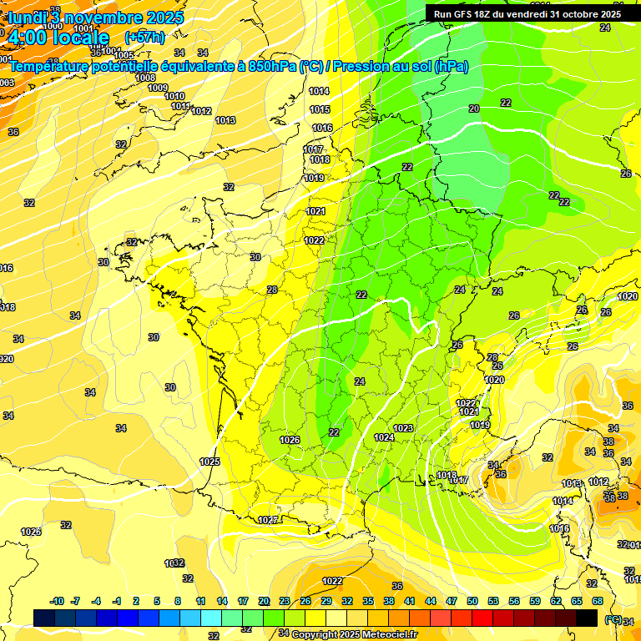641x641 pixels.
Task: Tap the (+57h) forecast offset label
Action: click(144, 37)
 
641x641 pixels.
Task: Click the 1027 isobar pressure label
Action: click(267, 520)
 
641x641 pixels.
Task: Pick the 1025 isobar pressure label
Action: click(209, 462)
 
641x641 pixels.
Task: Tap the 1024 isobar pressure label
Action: click(384, 437)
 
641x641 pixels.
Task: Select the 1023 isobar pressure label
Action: click(403, 428)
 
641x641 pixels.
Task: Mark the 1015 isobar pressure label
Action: click(319, 109)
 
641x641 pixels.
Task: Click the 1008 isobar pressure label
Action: click(145, 78)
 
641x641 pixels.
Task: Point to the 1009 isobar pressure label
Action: click(158, 88)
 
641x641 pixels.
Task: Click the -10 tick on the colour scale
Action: click(58, 601)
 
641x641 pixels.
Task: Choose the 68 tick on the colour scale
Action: click(597, 601)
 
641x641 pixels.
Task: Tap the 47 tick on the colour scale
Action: click(452, 601)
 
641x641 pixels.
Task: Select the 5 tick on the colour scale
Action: click(158, 601)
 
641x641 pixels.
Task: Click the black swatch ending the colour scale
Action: click(587, 618)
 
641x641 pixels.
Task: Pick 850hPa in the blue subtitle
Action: click(273, 66)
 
